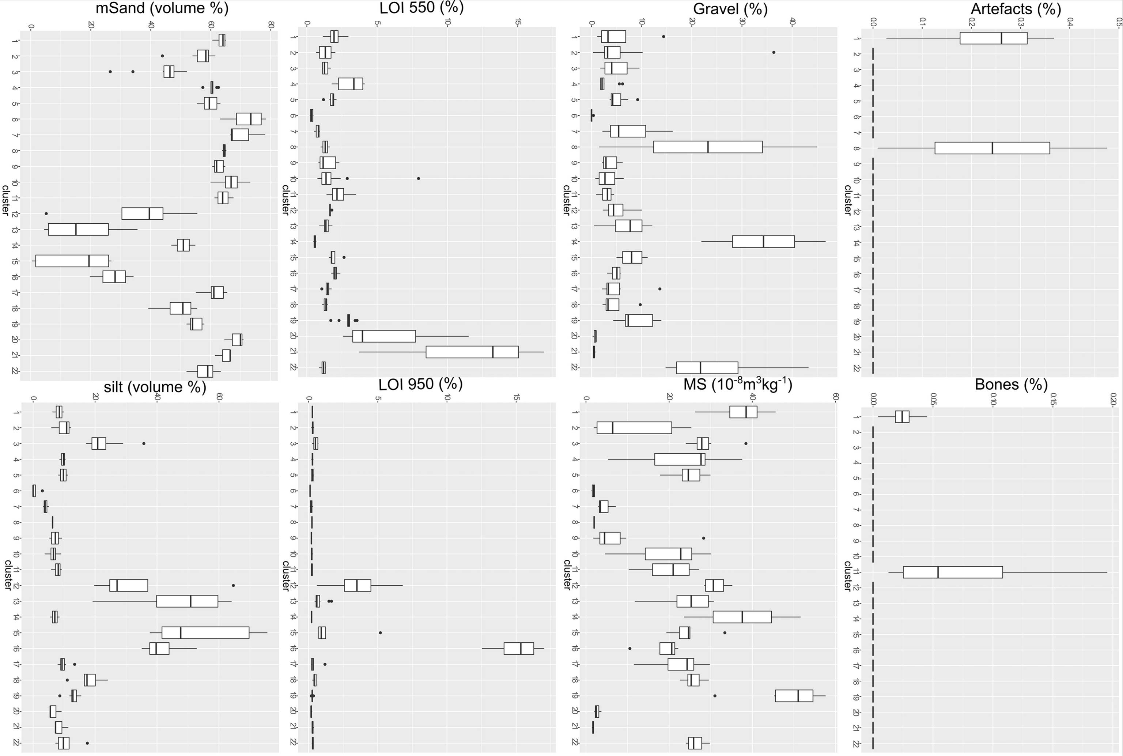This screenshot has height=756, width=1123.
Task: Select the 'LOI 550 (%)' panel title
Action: [x=421, y=7]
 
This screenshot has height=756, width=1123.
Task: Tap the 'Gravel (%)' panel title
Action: [x=730, y=9]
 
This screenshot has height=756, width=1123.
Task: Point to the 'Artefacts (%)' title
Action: [x=1016, y=9]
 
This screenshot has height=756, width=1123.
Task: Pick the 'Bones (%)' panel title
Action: [x=1011, y=384]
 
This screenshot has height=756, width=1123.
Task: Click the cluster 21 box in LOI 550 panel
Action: [x=472, y=352]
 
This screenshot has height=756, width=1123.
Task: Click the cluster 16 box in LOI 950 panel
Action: [x=519, y=649]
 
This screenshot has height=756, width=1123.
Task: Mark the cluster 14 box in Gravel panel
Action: [x=763, y=242]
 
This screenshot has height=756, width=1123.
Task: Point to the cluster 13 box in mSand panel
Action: [x=78, y=230]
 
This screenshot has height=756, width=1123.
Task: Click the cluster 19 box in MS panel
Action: [x=794, y=696]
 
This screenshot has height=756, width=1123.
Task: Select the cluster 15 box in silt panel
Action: [x=205, y=632]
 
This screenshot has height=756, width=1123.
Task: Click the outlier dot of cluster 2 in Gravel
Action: [x=774, y=53]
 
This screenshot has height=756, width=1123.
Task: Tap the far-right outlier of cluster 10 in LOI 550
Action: [x=419, y=178]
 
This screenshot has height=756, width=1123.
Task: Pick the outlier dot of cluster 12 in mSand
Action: [x=46, y=213]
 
